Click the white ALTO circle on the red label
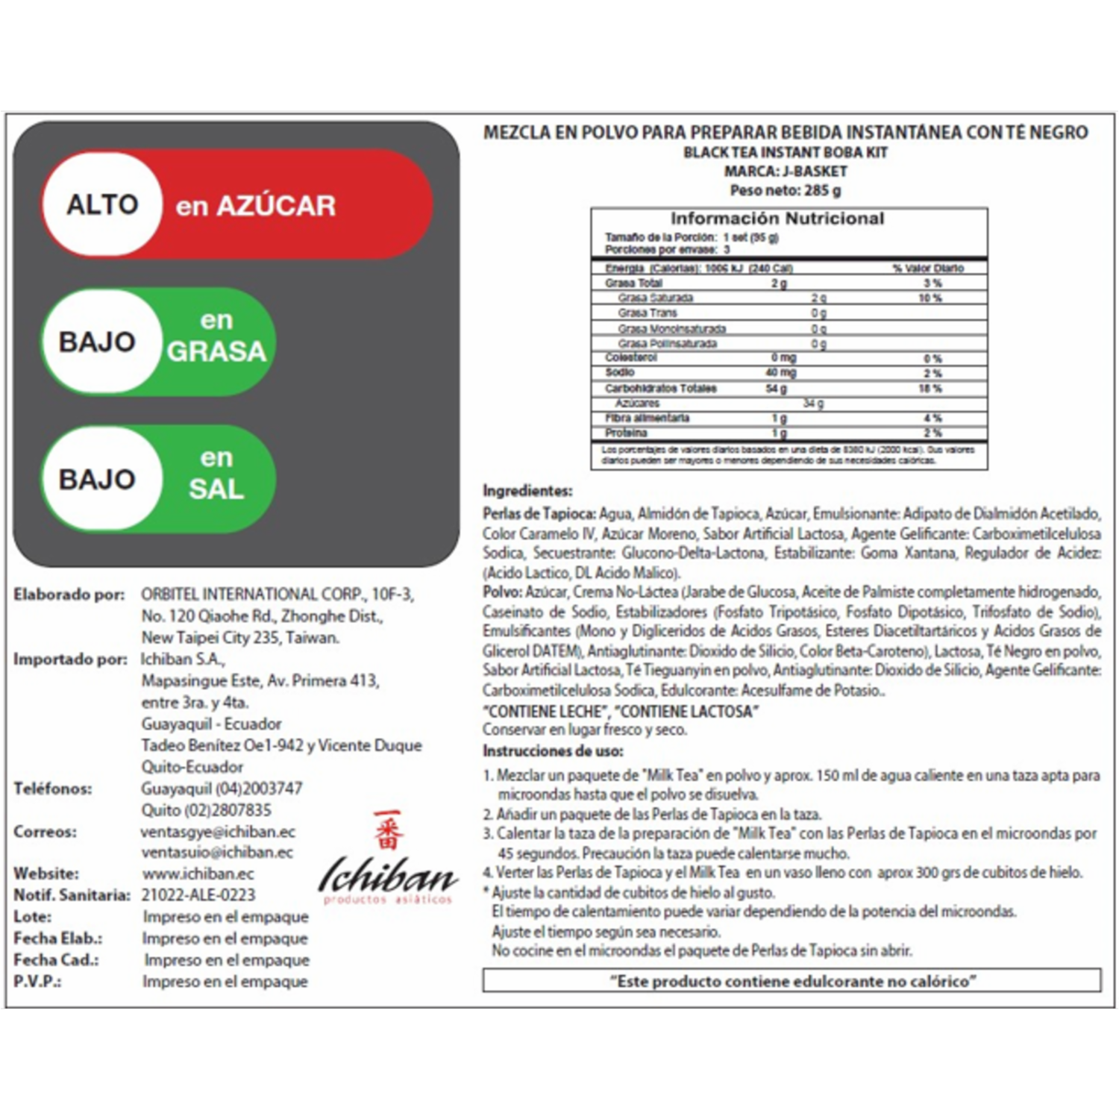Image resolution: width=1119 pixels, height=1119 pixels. click(x=102, y=204)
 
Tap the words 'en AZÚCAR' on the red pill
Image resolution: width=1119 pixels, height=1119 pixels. click(x=255, y=206)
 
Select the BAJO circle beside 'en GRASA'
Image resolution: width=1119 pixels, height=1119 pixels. click(x=98, y=342)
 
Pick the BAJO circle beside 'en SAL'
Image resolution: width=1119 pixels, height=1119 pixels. click(x=98, y=479)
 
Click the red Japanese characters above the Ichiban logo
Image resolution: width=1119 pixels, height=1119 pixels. click(x=388, y=830)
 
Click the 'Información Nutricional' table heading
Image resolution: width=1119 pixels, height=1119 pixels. click(x=777, y=219)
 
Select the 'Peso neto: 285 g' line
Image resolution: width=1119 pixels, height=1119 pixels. click(x=785, y=190)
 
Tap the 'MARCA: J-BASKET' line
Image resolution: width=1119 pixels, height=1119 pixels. click(x=786, y=171)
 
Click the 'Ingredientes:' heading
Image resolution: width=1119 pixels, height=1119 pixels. click(x=527, y=491)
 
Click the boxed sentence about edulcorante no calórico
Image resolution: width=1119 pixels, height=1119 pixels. click(x=792, y=981)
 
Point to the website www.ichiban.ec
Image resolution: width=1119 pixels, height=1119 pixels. click(x=198, y=874)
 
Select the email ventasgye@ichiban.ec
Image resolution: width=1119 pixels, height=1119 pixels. click(x=218, y=831)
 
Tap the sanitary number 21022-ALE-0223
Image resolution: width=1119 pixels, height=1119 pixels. click(x=198, y=894)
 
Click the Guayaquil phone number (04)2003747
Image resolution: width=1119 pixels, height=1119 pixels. click(x=222, y=788)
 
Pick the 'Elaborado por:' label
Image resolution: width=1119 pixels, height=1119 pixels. click(x=69, y=595)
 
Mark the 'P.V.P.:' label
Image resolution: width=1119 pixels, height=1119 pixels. click(x=37, y=981)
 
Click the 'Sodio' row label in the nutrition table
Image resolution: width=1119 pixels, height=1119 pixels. click(x=620, y=372)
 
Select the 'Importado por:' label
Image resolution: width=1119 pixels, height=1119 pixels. click(x=70, y=659)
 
